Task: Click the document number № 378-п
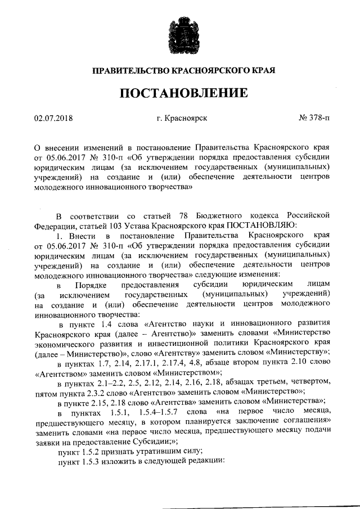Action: tap(314, 118)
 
